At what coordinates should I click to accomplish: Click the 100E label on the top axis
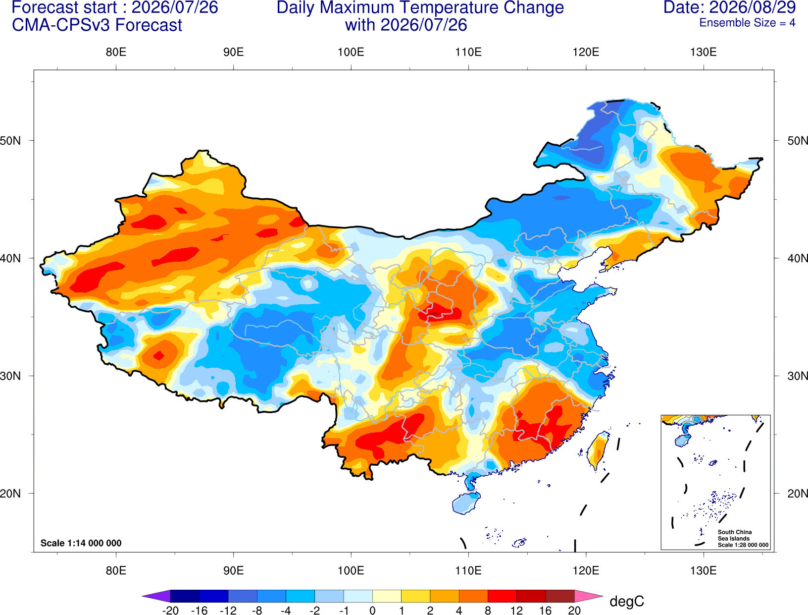point(351,52)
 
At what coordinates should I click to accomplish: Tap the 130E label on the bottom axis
point(703,571)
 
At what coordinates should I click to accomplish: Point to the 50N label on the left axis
point(10,140)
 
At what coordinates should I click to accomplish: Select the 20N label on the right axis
point(797,494)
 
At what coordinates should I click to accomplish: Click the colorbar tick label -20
point(170,610)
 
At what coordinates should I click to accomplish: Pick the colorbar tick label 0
point(372,610)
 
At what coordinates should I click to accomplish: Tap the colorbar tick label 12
point(516,610)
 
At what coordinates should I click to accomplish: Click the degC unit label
point(626,601)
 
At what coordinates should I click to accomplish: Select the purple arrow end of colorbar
point(156,596)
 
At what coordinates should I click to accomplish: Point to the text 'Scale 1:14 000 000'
point(81,543)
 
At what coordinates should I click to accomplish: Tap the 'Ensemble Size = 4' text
point(747,23)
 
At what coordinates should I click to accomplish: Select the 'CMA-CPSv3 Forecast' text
point(97,25)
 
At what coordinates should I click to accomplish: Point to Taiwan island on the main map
point(597,450)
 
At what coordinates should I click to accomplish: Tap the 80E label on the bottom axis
point(116,571)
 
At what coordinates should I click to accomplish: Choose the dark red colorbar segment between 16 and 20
point(560,596)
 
